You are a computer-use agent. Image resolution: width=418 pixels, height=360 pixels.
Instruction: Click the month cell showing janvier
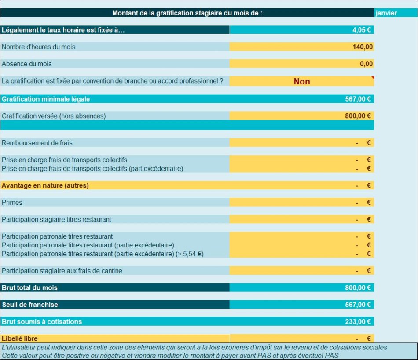coord(386,13)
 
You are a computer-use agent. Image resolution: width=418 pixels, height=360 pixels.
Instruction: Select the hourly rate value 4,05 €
coord(362,30)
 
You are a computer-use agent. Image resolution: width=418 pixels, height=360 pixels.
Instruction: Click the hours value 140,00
coord(363,47)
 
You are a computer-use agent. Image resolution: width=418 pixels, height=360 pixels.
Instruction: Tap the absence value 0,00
coord(366,64)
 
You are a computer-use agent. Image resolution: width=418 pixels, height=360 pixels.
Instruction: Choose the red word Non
coord(302,81)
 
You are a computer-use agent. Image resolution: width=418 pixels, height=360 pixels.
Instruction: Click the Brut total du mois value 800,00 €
coord(358,287)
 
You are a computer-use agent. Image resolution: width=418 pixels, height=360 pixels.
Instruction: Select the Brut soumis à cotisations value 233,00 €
coord(358,322)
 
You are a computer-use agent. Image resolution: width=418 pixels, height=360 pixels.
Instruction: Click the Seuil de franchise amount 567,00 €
coord(358,305)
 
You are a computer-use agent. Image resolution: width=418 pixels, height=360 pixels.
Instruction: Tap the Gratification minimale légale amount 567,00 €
coord(358,99)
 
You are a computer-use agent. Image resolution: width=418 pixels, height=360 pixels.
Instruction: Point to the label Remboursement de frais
coord(37,143)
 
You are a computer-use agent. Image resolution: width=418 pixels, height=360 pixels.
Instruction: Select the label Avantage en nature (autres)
coord(45,185)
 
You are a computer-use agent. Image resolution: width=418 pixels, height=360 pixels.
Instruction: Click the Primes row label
coord(12,203)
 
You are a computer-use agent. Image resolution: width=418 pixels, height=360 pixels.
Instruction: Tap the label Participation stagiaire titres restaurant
coord(56,219)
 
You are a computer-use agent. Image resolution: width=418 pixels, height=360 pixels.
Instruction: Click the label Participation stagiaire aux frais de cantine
coord(62,271)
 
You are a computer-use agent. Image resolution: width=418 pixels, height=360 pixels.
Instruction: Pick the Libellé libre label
coord(20,338)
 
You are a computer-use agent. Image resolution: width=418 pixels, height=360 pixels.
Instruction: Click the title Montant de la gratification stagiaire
coord(187,13)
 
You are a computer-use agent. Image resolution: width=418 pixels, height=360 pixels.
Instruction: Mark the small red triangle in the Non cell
coord(373,78)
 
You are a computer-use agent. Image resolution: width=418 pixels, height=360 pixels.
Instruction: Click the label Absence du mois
coord(27,64)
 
